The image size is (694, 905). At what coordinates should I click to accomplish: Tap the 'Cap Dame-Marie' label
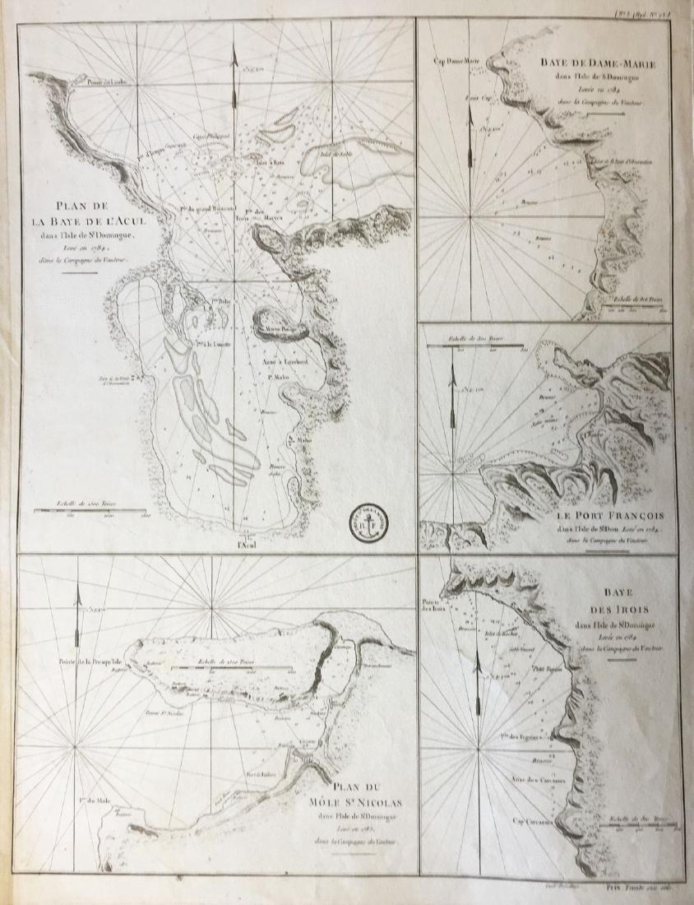[460, 60]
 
